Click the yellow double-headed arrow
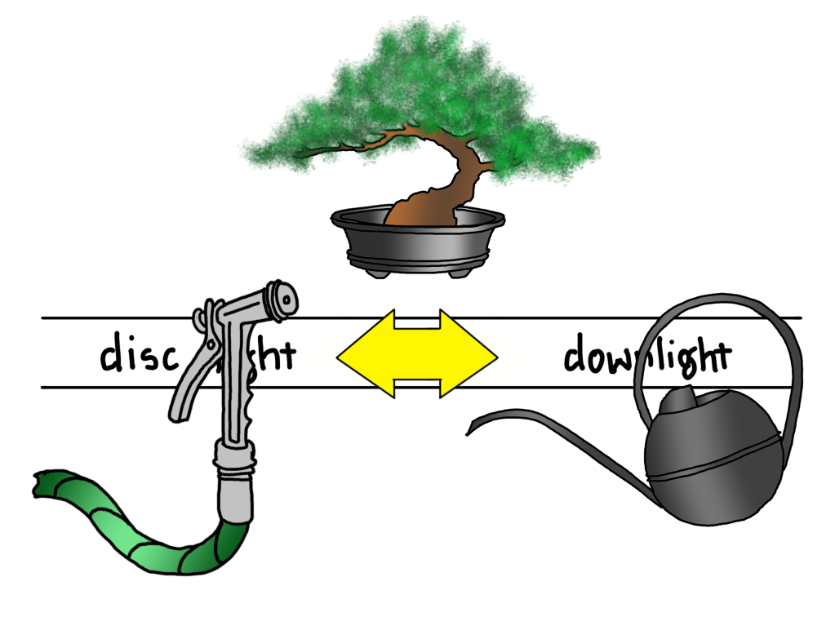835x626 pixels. [417, 353]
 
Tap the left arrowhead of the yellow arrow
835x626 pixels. [359, 353]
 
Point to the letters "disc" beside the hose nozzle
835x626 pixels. [135, 355]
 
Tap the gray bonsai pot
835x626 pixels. [417, 241]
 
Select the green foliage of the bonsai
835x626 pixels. [424, 90]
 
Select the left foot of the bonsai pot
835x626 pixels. [376, 272]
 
